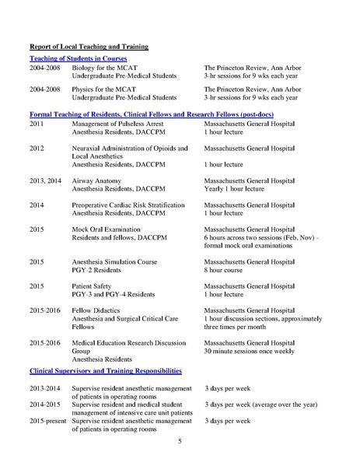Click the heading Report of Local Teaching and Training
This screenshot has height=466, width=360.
point(89,47)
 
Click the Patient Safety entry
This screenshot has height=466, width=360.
point(92,286)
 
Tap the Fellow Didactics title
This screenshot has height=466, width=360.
point(95,310)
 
